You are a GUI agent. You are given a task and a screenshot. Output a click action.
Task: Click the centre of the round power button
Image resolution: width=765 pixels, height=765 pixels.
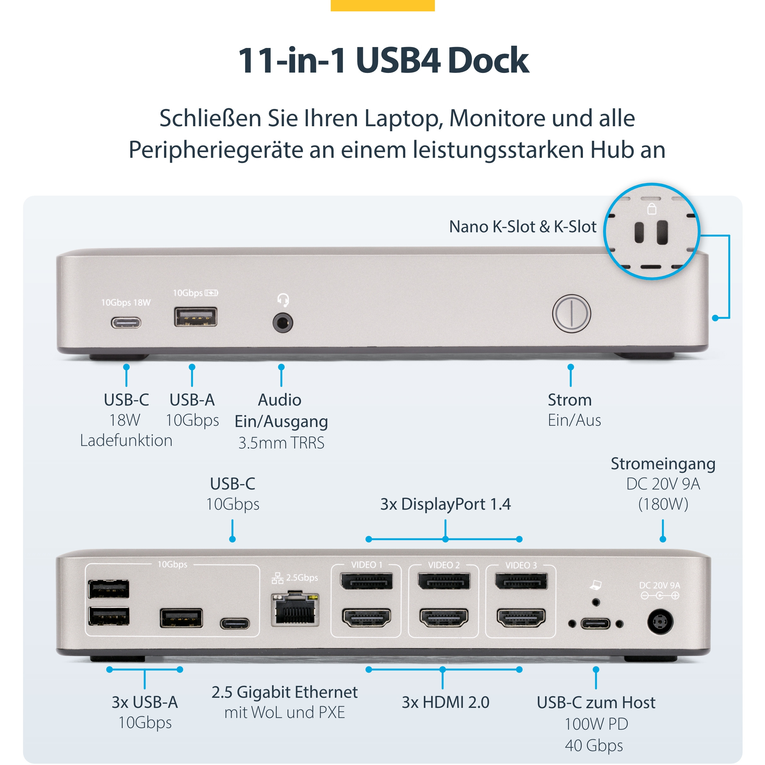[571, 314]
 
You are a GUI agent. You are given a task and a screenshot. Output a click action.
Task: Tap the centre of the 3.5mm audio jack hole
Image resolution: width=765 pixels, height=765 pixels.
[283, 323]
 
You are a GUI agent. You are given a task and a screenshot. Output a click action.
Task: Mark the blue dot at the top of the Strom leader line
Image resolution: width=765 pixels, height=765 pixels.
[571, 367]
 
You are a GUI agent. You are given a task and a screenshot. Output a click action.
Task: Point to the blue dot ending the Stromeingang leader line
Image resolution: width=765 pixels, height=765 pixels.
[663, 539]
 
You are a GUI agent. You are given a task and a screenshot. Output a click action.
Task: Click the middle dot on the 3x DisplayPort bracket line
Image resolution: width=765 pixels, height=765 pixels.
[445, 539]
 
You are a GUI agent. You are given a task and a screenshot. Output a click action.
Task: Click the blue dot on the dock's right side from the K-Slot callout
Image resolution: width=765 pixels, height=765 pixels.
[715, 318]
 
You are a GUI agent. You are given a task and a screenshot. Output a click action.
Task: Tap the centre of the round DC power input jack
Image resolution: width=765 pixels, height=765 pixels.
[660, 622]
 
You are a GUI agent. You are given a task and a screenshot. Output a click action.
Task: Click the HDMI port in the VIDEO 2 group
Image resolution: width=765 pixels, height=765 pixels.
[443, 618]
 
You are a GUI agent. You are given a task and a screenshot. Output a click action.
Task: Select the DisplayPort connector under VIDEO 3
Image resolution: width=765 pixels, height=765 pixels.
[521, 581]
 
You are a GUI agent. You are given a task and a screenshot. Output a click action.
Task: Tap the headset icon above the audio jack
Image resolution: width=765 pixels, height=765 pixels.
[283, 300]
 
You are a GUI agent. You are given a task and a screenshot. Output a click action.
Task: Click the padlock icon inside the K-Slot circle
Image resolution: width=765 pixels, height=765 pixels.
[652, 209]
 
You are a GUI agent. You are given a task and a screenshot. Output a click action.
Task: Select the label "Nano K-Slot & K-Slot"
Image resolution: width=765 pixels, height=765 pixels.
[523, 227]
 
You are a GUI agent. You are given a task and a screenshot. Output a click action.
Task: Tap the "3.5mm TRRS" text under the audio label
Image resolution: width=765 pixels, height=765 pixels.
[281, 443]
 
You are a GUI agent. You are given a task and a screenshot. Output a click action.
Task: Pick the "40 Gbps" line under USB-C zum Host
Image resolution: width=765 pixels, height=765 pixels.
[594, 745]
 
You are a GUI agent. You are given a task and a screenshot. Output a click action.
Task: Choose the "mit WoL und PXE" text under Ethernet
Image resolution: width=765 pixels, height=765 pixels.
[285, 712]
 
